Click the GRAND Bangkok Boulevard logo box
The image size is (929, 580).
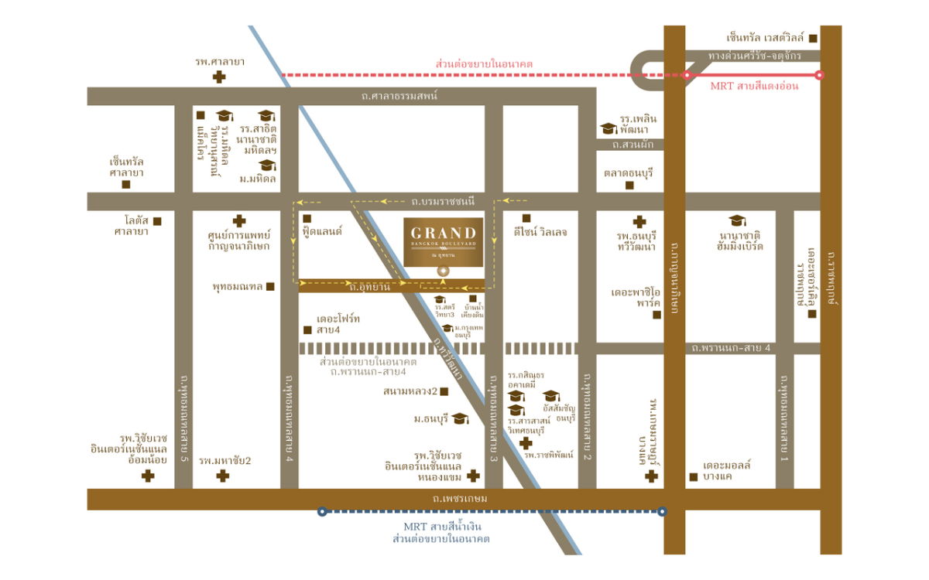click(x=444, y=241)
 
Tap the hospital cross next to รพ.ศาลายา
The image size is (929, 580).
click(x=220, y=77)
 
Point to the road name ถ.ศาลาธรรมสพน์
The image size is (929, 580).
click(x=399, y=96)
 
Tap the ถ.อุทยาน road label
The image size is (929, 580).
click(x=369, y=287)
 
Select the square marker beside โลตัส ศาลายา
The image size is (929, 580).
click(x=157, y=221)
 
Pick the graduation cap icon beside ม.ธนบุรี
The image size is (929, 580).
click(x=460, y=418)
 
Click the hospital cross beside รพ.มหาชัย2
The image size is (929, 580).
click(x=223, y=476)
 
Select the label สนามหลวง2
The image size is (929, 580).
click(x=410, y=391)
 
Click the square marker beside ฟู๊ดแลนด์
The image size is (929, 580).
click(x=307, y=219)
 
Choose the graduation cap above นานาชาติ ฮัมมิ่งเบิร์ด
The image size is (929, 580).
click(x=737, y=220)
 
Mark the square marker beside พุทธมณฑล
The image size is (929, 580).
click(x=270, y=287)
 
